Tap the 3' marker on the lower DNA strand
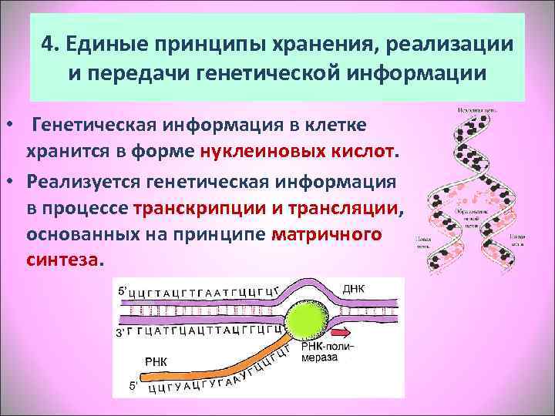click(119, 334)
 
